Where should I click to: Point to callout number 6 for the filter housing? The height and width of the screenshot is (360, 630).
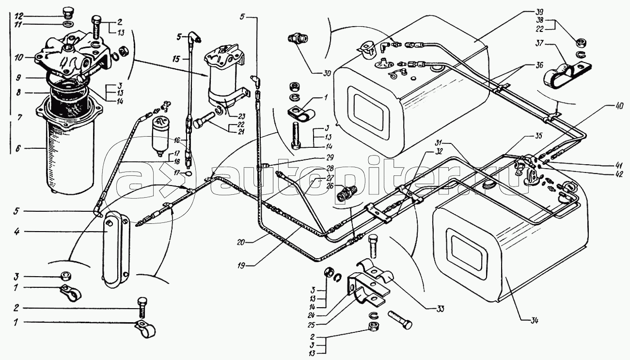(18, 148)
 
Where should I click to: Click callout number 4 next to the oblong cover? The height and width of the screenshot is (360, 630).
(17, 232)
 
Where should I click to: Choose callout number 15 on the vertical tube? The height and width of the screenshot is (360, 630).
(176, 59)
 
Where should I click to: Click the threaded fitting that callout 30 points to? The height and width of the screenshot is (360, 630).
(298, 38)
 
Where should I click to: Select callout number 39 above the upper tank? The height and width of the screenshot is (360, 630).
(531, 13)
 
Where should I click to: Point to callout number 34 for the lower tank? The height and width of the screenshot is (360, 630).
(534, 321)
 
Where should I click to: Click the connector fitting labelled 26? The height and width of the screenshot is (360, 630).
(346, 194)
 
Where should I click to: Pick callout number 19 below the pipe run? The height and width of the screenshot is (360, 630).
(241, 266)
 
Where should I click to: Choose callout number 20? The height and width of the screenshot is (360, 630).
(241, 242)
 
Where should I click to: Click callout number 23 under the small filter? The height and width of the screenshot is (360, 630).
(241, 116)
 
